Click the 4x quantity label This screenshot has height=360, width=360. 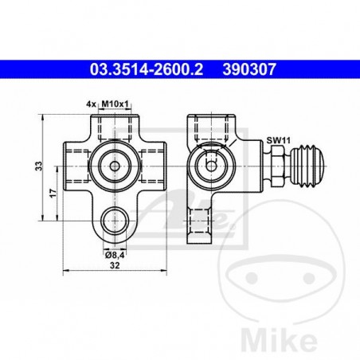click(x=91, y=104)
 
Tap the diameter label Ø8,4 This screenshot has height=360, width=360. click(x=116, y=254)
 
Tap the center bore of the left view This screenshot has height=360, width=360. click(x=116, y=166)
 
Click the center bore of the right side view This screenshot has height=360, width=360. click(x=210, y=166)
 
